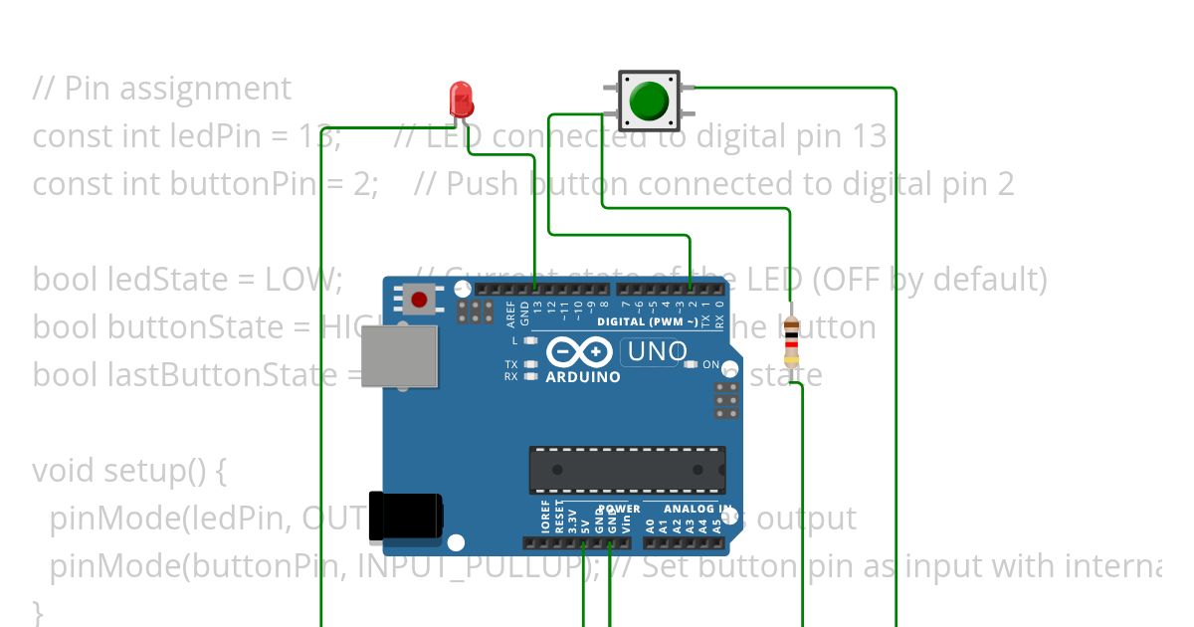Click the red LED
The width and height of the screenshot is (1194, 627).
tap(461, 99)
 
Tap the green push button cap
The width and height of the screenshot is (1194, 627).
tap(649, 100)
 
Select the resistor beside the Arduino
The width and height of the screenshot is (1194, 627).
tap(791, 341)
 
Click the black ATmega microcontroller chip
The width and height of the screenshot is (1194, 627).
tap(627, 469)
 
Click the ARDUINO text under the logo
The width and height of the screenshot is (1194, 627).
tap(583, 377)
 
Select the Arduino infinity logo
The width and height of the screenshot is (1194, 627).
tap(578, 353)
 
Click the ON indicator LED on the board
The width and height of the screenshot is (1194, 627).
tap(691, 364)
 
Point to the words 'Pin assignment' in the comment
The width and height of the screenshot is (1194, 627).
tap(178, 89)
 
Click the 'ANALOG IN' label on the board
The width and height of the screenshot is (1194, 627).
tap(691, 509)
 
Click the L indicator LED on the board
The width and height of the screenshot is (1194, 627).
tap(530, 340)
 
